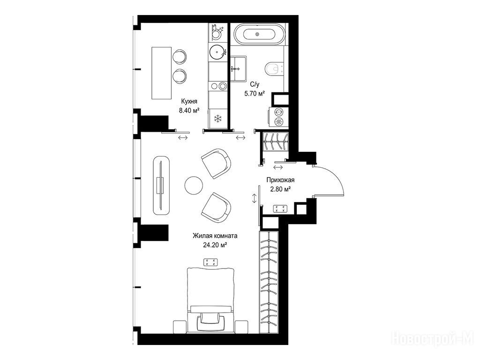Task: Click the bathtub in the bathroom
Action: [257, 33]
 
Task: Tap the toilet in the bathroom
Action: [275, 69]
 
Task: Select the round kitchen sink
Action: [217, 52]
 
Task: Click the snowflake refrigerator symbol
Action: [217, 119]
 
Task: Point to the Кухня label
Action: [189, 101]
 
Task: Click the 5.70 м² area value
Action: [254, 93]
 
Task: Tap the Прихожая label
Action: [280, 180]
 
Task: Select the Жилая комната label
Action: [215, 236]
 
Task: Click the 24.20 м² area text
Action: [215, 245]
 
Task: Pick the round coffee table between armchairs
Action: [194, 185]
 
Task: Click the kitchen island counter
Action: [162, 73]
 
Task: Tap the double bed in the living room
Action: [210, 300]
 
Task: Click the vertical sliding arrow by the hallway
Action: [254, 198]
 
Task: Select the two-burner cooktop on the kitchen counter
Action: [217, 86]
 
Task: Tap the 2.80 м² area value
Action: [280, 189]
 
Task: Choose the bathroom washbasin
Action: [238, 68]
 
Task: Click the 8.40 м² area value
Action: [189, 110]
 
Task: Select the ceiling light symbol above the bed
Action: [211, 262]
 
